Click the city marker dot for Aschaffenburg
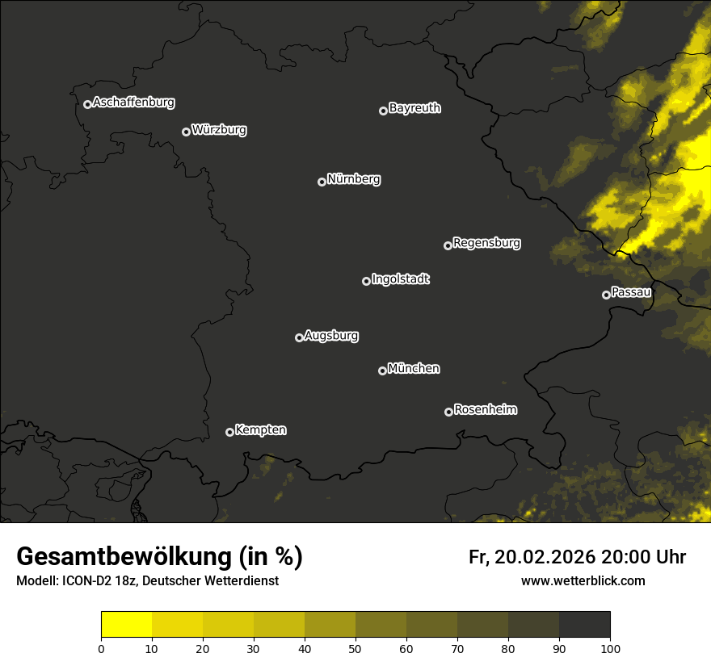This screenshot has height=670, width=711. (87, 104)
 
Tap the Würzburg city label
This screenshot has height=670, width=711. (219, 130)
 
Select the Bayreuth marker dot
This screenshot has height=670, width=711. (383, 111)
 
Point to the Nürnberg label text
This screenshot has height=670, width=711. (353, 179)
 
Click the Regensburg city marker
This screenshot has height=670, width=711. (448, 245)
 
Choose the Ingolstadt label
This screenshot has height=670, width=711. (400, 279)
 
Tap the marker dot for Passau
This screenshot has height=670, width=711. (606, 295)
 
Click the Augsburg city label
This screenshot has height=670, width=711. (331, 336)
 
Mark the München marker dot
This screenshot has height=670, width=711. (382, 371)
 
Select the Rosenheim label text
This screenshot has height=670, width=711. (485, 410)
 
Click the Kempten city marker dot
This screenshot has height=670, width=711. (229, 432)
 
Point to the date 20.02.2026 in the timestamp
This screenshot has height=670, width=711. (545, 557)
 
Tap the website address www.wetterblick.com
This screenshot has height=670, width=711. (583, 581)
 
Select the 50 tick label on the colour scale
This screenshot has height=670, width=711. (355, 647)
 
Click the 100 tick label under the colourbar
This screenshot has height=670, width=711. (610, 647)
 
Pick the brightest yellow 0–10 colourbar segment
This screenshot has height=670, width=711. (126, 625)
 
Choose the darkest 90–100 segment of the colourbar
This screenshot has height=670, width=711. (584, 625)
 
